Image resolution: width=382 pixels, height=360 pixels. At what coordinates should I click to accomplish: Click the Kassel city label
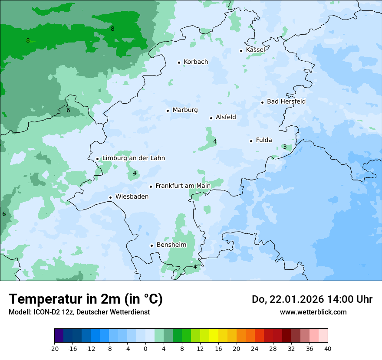pos(255,50)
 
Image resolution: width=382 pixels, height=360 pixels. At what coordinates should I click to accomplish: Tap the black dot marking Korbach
pos(179,62)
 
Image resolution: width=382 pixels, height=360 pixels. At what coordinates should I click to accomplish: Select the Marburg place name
pos(185,110)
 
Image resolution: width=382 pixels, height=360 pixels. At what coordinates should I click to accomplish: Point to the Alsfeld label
pos(226,117)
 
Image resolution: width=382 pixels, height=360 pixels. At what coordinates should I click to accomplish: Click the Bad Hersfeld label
pos(286,101)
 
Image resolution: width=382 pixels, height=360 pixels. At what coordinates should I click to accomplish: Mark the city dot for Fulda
pos(251,141)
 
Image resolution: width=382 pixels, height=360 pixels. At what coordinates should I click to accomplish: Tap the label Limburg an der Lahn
pos(133,158)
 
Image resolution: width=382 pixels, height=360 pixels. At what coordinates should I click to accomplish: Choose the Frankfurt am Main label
pos(183,186)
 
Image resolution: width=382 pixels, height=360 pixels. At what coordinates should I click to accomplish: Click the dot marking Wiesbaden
pos(110,197)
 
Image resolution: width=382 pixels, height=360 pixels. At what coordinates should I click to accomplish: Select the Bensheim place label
pos(171,245)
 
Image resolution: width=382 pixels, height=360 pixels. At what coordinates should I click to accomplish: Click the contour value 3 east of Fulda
pos(285,147)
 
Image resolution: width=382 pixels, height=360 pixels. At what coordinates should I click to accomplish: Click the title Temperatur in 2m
pos(86,299)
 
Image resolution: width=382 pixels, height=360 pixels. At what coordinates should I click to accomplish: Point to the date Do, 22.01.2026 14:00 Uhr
pos(312,299)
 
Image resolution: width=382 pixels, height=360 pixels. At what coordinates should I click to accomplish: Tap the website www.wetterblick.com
pos(313,312)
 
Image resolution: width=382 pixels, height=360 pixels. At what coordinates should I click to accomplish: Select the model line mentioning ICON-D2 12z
pos(79,312)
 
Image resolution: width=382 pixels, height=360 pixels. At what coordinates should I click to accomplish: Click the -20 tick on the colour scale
pos(54,348)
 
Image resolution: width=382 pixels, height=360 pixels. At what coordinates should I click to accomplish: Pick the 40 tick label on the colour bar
pos(328,348)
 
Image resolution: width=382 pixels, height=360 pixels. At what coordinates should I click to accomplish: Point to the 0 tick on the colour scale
pos(145,348)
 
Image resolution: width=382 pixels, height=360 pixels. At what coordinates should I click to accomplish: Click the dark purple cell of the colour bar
pos(59,336)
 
